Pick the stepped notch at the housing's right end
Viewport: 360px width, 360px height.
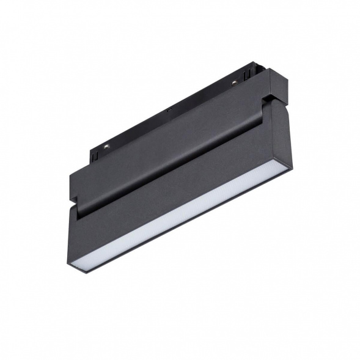coord(269,98)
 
